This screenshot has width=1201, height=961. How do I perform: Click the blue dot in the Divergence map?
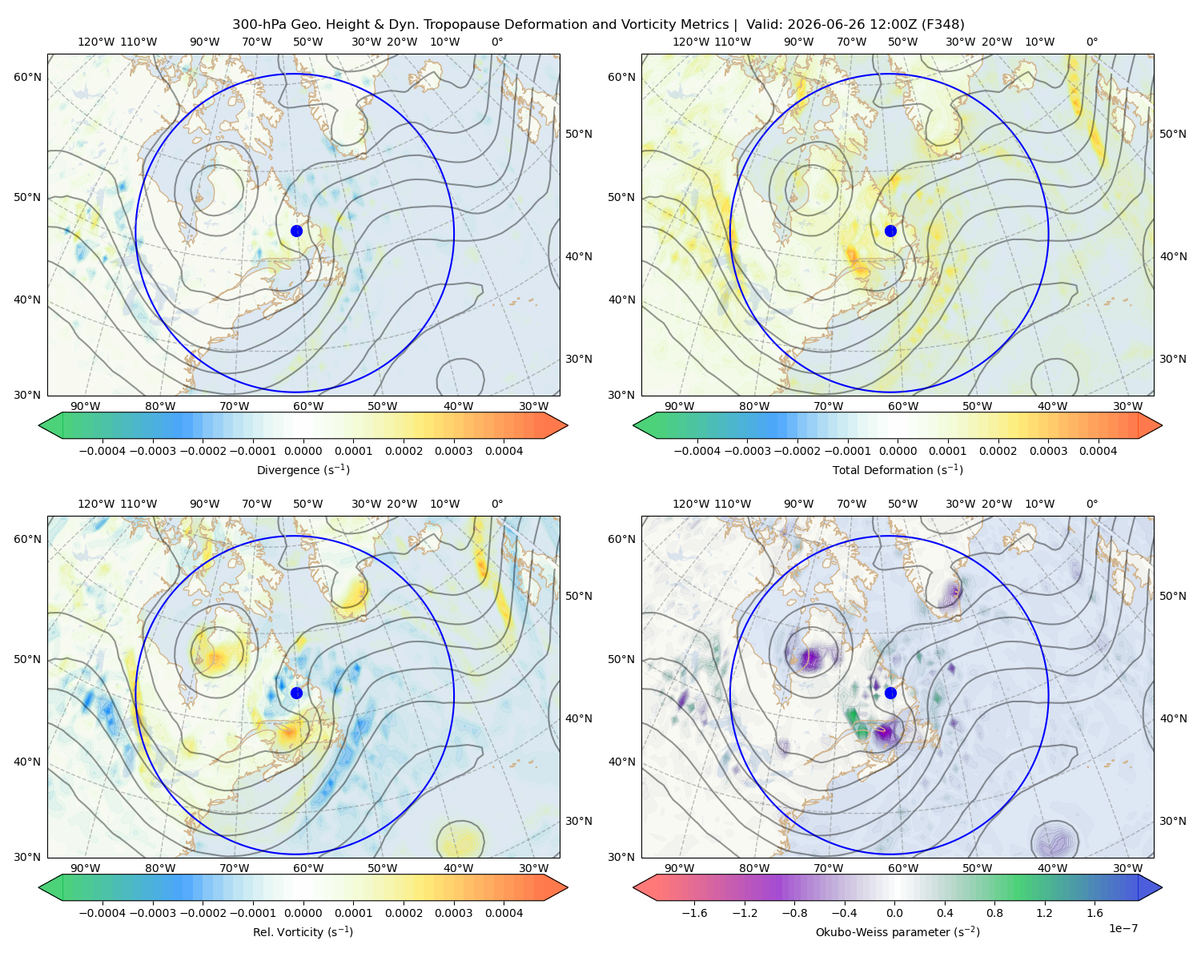pos(296,231)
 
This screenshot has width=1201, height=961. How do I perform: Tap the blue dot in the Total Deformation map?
pos(890,231)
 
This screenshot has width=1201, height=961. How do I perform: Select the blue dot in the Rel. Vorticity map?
pos(296,693)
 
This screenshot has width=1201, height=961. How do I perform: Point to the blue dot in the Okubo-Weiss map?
pos(890,693)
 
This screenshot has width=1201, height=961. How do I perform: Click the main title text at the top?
pos(598,25)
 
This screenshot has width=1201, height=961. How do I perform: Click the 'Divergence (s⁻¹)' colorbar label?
pos(303,469)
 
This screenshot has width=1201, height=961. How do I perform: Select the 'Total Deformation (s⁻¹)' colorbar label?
pos(898,469)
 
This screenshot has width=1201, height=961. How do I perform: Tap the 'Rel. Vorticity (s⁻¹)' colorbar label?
pos(303,931)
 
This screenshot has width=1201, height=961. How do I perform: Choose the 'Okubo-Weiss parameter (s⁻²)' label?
pos(898,931)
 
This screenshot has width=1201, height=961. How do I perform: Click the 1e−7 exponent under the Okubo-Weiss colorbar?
pos(1123,928)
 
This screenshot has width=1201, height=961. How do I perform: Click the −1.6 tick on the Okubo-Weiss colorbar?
pos(694,913)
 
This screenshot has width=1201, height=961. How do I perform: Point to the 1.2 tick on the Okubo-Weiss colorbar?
pos(1044,913)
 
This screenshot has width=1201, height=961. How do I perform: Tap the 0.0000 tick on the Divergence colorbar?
pos(303,451)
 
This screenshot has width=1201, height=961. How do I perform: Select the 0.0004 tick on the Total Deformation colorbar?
pos(1099,451)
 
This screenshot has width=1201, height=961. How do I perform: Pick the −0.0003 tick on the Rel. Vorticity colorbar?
pos(153,913)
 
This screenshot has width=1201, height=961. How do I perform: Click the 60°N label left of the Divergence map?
pos(27,77)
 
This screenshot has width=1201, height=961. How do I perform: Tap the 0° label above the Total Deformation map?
pos(1092,42)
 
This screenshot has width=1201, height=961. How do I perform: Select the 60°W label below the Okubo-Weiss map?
pos(903,868)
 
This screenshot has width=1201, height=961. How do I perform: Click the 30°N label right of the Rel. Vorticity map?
pos(579,821)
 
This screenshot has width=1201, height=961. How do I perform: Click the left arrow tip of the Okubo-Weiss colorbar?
pos(633,887)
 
